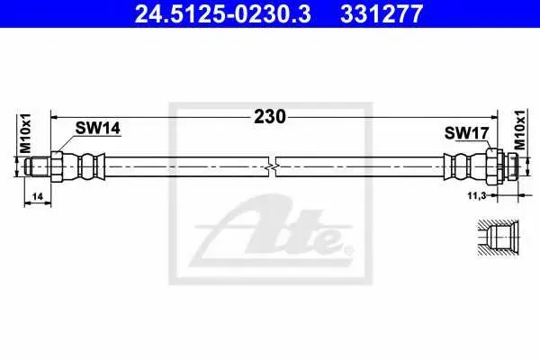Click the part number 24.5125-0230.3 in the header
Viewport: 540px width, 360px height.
[223, 13]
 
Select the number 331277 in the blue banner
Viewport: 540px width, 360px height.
[382, 13]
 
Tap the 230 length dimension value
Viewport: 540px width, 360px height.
[270, 116]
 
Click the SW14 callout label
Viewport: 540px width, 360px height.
[98, 128]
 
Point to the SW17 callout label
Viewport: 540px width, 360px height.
[466, 133]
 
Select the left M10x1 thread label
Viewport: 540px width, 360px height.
[25, 133]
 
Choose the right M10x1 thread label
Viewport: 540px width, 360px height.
[520, 130]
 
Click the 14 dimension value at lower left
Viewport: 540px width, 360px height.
[37, 196]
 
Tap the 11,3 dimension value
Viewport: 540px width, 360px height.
[477, 195]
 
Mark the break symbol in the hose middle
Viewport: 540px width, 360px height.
[273, 167]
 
